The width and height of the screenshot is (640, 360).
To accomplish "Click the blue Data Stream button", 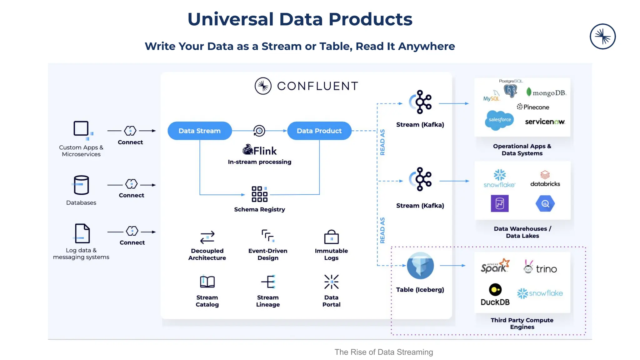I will (199, 131).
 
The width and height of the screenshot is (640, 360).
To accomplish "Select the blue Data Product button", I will (319, 131).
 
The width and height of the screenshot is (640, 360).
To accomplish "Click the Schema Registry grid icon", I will (259, 194).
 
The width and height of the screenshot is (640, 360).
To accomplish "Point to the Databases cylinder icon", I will (81, 185).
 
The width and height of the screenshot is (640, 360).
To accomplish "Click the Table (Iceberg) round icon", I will (420, 266).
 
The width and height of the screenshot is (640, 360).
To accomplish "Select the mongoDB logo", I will (546, 92).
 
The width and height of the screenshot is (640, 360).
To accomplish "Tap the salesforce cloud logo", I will (499, 120).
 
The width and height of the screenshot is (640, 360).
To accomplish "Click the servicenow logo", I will (545, 122).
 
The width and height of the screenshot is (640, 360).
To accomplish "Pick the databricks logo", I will (545, 179).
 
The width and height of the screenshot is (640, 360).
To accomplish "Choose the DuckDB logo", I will (495, 294).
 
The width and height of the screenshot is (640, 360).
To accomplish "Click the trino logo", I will (540, 268).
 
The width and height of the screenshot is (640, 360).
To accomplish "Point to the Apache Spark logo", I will (495, 266).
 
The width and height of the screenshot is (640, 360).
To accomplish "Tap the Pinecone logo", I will (533, 107).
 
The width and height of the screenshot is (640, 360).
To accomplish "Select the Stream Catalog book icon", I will (207, 282).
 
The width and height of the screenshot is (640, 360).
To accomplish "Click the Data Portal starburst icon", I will (331, 282).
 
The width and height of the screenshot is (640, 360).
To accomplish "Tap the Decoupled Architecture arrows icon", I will (207, 237).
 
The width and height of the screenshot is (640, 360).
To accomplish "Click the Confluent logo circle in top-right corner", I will (602, 37).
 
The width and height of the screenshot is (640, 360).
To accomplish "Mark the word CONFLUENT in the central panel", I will (317, 86).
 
